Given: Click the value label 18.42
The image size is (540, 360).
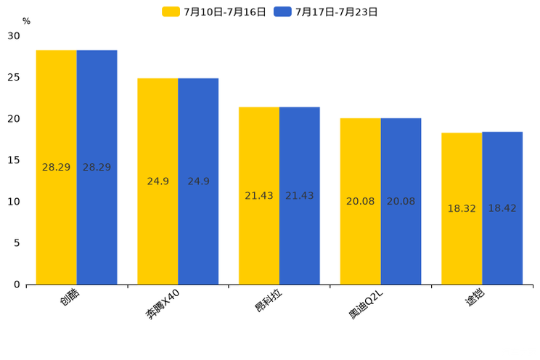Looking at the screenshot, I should coord(502,208).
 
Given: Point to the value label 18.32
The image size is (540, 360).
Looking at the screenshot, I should coord(462,208).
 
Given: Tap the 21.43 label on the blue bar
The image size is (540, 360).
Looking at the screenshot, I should coord(299,196).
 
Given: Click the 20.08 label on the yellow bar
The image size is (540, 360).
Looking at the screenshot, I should coord(360,201).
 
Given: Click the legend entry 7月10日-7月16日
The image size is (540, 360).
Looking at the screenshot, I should coord(215,12).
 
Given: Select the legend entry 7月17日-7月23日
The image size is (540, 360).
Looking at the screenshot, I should coord(327,12).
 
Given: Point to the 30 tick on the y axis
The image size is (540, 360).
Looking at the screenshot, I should coord(14,36).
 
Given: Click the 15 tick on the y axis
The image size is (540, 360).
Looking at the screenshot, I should coord(14,160).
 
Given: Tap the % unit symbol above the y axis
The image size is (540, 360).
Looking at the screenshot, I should coord(26,22).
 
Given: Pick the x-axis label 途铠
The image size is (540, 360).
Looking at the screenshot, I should coord(476,298).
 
